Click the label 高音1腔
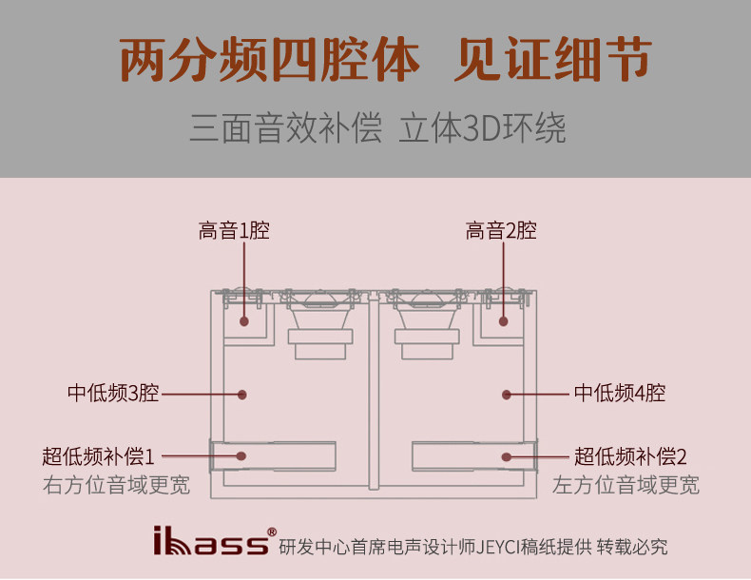click(x=234, y=230)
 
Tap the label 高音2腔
click(x=501, y=230)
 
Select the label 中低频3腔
click(x=113, y=394)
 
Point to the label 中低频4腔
click(x=619, y=394)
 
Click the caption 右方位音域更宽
click(x=116, y=486)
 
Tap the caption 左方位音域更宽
click(x=626, y=486)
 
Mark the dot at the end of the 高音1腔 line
click(x=244, y=321)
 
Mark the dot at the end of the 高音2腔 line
click(x=504, y=321)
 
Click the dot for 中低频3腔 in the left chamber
click(x=241, y=394)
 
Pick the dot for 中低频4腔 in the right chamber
click(x=509, y=394)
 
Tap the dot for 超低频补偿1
click(x=241, y=456)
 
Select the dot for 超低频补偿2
click(x=508, y=456)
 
